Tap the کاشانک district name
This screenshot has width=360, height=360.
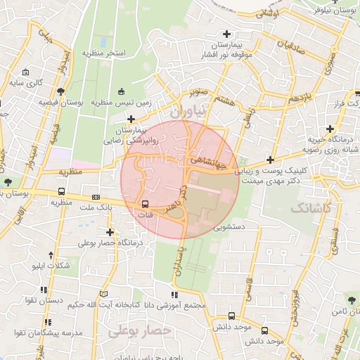310,207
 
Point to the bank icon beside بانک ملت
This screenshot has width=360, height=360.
96,198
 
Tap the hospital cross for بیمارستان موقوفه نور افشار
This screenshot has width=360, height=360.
226,34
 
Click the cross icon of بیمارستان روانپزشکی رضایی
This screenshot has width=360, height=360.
131,118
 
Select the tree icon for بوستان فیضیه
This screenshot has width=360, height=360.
62,91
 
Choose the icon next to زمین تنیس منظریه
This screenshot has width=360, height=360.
121,91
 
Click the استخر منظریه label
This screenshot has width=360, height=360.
104,53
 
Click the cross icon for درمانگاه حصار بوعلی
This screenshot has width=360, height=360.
110,232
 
